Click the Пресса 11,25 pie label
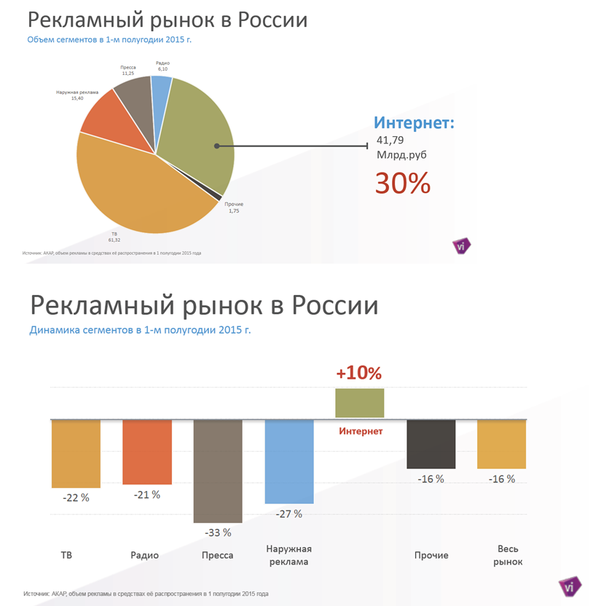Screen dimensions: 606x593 pos(128,70)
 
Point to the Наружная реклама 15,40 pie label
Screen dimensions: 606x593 pos(77,95)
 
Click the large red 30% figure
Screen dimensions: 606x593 pos(403,184)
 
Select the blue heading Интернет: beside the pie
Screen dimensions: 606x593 pos(414,122)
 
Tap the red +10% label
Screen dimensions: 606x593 pos(358,374)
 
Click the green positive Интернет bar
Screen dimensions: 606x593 pos(359,403)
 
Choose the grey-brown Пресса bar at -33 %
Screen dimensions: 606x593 pos(217,471)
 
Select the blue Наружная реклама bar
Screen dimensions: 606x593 pos(289,462)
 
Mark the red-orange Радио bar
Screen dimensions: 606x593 pos(147,452)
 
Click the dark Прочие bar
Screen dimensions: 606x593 pos(431,444)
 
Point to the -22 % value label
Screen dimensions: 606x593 pos(76,497)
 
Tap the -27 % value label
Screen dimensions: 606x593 pos(288,513)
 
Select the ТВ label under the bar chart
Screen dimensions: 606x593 pos(66,555)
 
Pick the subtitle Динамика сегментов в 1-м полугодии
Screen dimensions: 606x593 pos(140,330)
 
